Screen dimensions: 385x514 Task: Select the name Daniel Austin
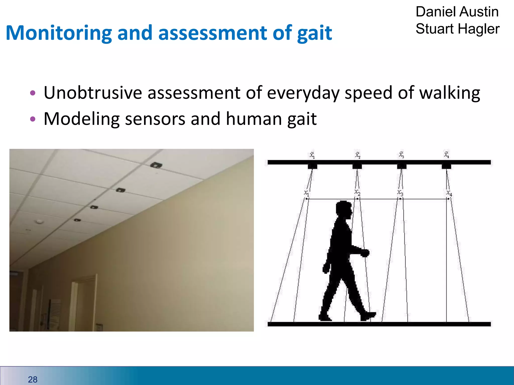click(457, 12)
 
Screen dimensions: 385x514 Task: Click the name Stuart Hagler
click(457, 29)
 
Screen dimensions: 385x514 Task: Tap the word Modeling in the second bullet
click(81, 119)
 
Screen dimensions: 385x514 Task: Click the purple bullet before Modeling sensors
click(33, 119)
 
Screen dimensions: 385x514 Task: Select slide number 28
click(33, 379)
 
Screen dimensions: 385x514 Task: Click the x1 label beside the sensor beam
click(306, 193)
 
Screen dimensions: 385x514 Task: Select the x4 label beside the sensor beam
click(449, 193)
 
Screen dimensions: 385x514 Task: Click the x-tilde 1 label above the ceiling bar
click(312, 155)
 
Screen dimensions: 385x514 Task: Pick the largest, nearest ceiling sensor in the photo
click(156, 165)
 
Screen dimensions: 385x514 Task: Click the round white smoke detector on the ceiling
click(39, 221)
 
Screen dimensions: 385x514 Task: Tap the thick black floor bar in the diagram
click(379, 324)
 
